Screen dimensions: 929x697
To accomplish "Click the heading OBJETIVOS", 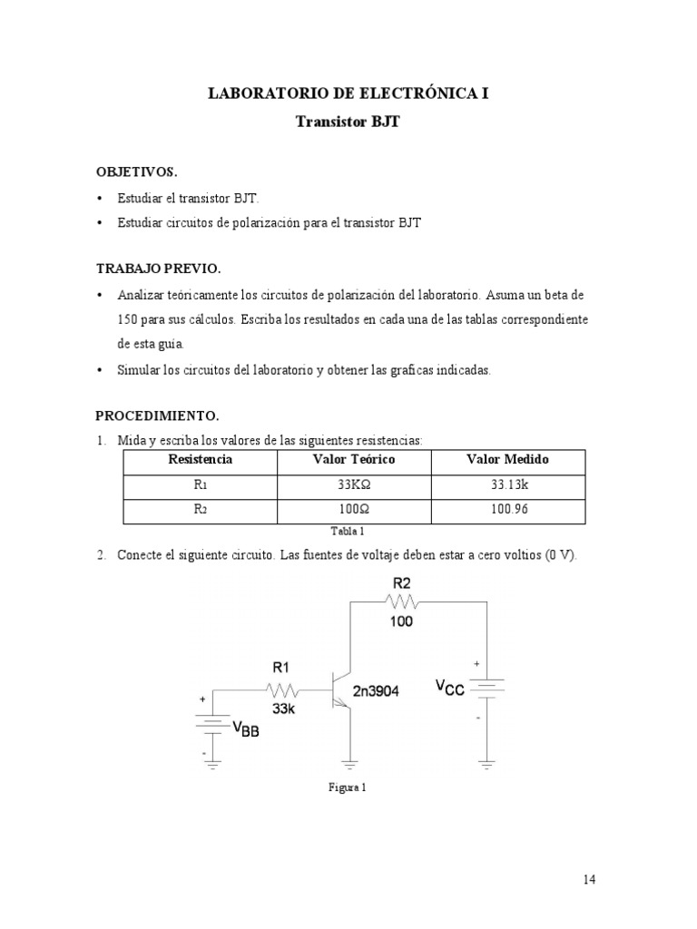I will coord(137,171).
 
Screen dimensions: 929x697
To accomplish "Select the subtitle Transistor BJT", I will coord(348,122).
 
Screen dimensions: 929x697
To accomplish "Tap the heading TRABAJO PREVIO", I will coord(159,269).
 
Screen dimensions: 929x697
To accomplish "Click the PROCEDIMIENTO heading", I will coord(158,416).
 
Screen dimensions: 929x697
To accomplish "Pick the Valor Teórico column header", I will coord(353,460).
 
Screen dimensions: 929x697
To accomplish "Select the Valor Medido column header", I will coord(507,460).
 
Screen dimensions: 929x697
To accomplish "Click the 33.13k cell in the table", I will coord(508,485).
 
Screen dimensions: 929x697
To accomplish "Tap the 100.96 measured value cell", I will coord(508,509).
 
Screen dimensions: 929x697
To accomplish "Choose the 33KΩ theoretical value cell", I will coord(354,485).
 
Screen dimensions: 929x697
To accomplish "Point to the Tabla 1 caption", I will coord(348,532).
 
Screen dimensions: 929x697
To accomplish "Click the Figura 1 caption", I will coord(348,787).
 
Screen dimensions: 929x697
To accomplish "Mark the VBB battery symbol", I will coord(212,723).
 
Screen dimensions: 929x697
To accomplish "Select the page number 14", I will coord(590,879).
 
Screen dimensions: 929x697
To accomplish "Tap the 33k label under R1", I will coord(282,709).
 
